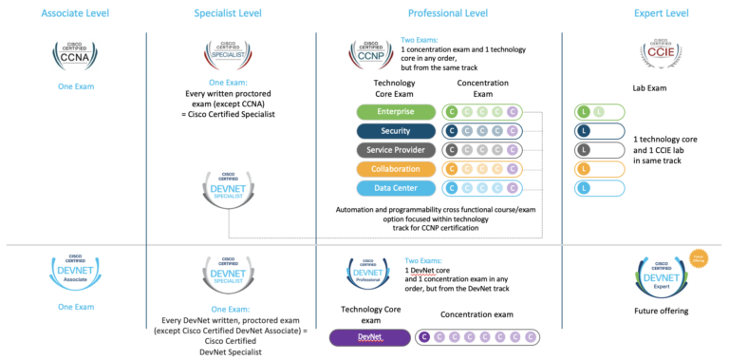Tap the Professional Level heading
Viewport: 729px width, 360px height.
tap(448, 12)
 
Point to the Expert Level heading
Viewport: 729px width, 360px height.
tap(661, 12)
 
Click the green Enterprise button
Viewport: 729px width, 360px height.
tap(395, 112)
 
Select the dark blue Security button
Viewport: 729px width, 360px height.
tap(395, 131)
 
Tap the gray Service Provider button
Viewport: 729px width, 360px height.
tap(395, 150)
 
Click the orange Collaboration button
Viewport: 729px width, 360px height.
tap(395, 169)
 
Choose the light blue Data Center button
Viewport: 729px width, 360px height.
tap(395, 188)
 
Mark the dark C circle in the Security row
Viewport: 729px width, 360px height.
tap(452, 131)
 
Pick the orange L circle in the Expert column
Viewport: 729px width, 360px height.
tap(584, 169)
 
